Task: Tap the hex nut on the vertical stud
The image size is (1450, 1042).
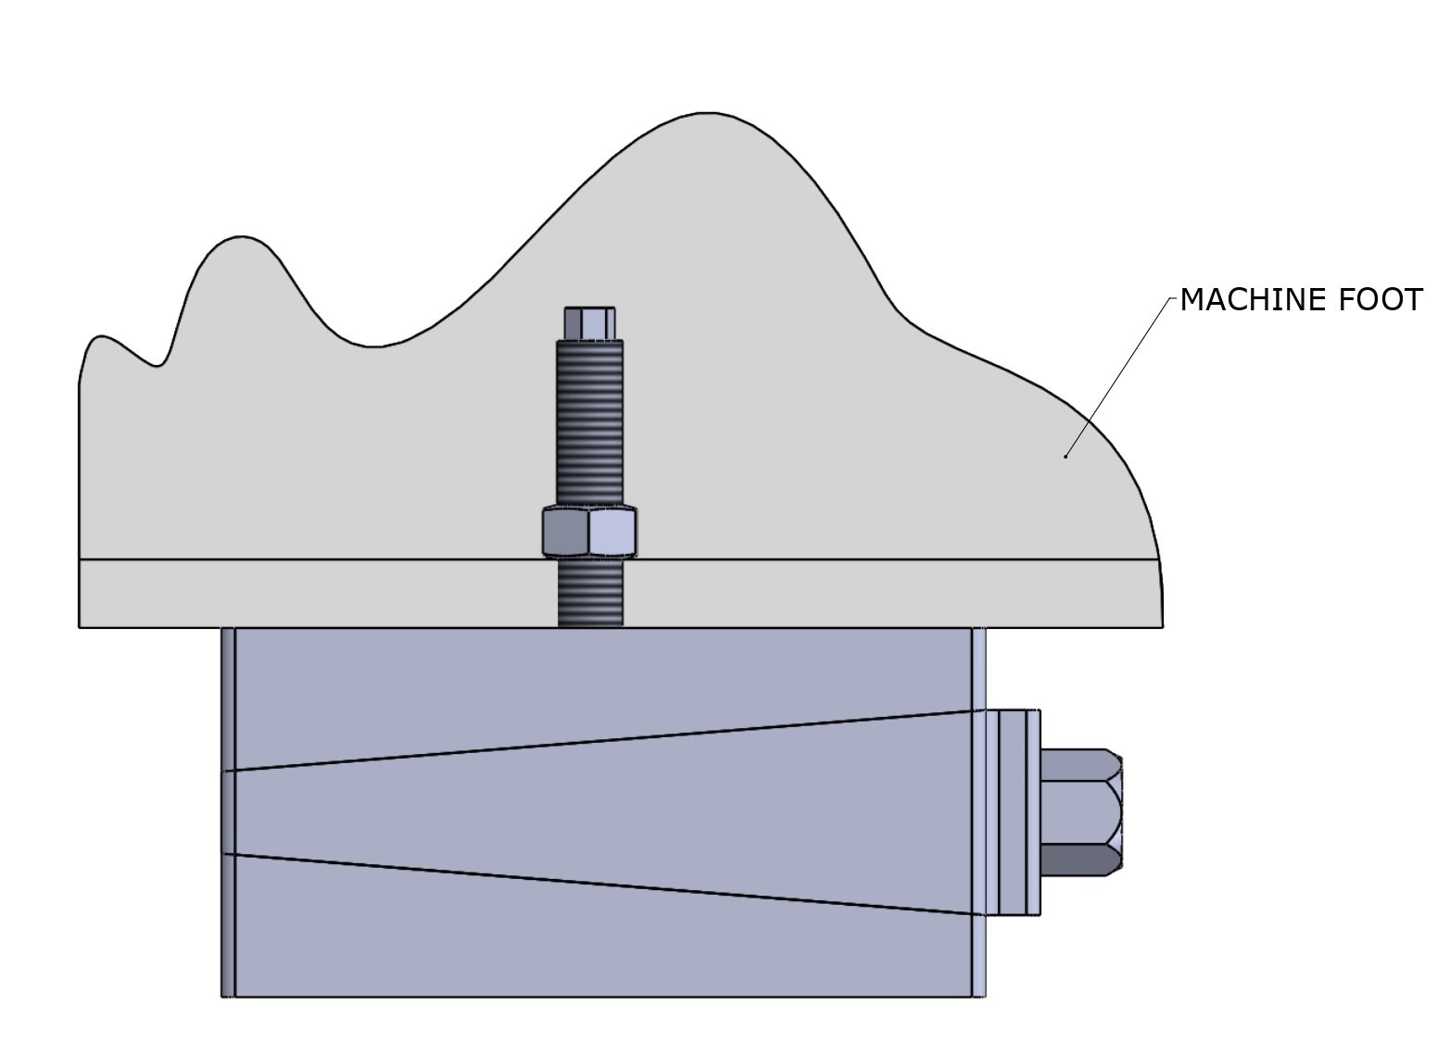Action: coord(588,532)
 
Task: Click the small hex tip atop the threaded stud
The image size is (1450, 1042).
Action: coord(588,323)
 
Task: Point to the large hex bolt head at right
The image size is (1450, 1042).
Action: coord(1080,812)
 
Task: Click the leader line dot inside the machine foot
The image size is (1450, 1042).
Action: coord(1065,456)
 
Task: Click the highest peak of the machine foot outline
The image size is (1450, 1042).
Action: coord(706,115)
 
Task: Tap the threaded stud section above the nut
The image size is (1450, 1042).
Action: coord(588,421)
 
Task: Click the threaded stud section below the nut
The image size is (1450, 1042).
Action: coord(589,592)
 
